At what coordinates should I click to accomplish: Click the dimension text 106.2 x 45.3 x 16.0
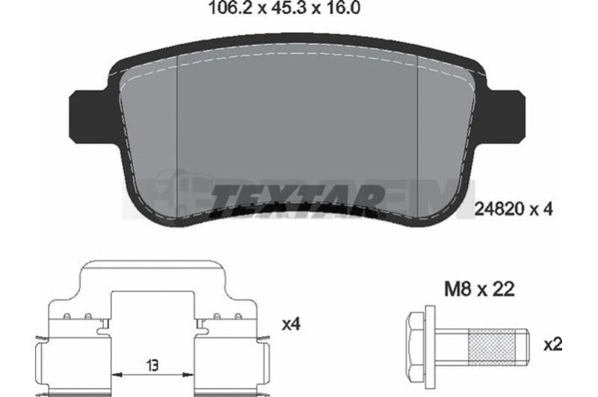click(x=284, y=8)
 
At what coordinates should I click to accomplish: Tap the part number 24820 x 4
click(x=514, y=210)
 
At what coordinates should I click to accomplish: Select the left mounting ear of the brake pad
click(x=90, y=117)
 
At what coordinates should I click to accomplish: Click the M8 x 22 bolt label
click(x=479, y=290)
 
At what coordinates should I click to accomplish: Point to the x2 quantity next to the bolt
click(x=553, y=346)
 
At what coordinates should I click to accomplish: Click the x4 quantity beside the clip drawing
click(x=292, y=325)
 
